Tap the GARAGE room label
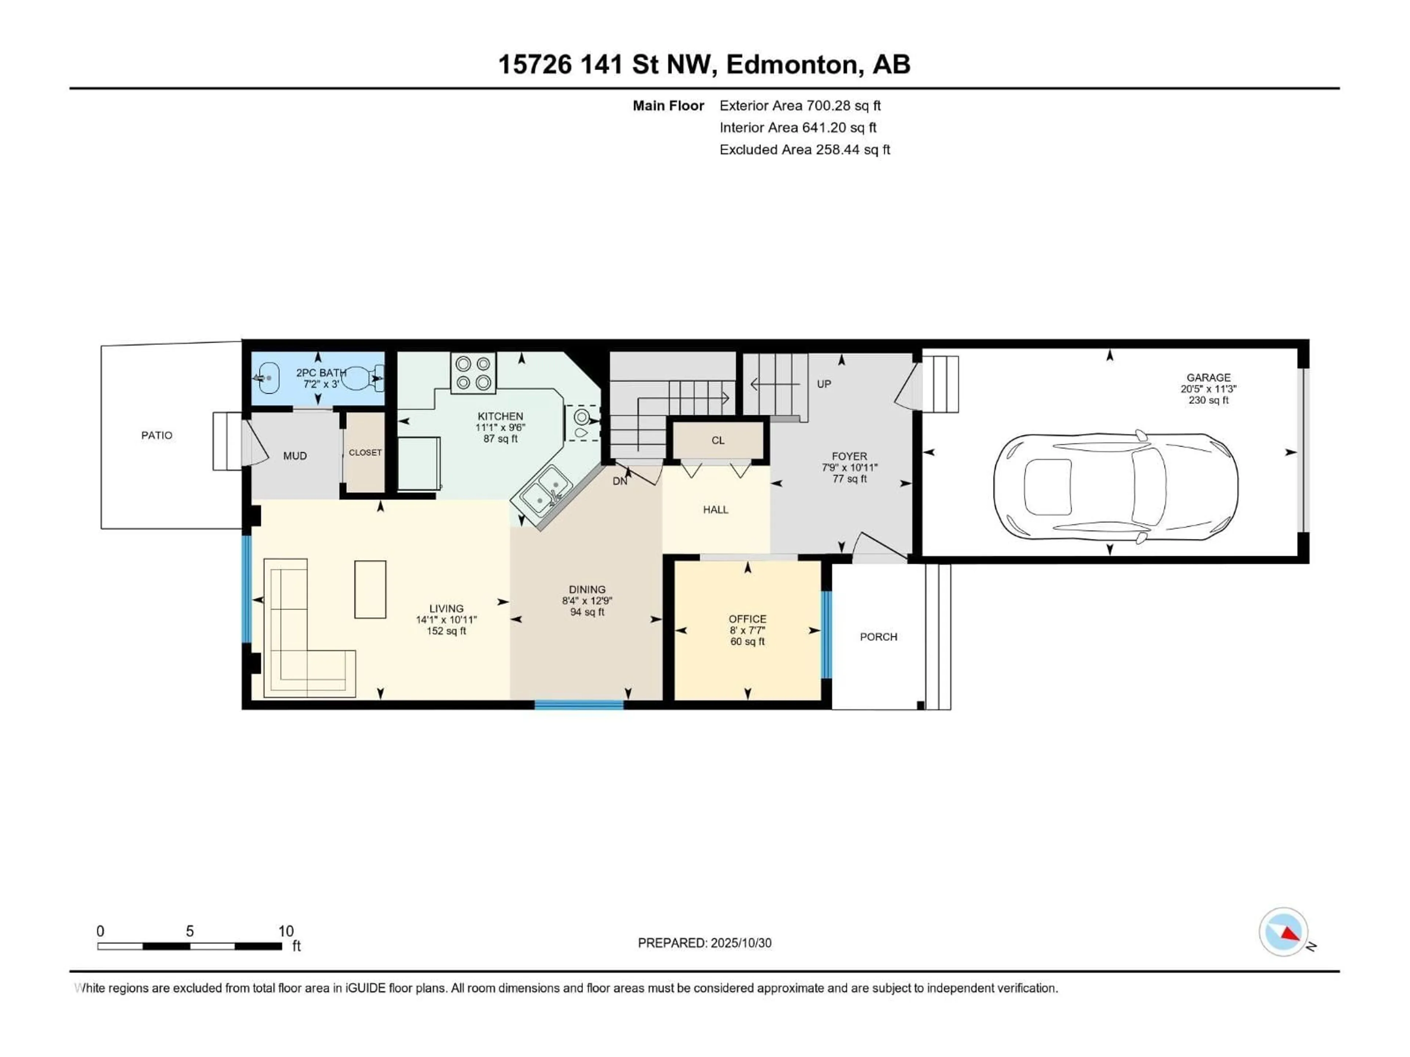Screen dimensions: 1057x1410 coord(1208,378)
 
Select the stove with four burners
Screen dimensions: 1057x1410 coord(473,373)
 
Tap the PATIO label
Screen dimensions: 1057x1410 coord(157,435)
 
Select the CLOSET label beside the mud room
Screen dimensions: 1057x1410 coord(365,453)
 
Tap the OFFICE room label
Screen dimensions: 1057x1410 coord(747,619)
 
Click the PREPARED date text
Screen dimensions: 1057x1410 coord(704,943)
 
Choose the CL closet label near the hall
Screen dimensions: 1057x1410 coord(718,440)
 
